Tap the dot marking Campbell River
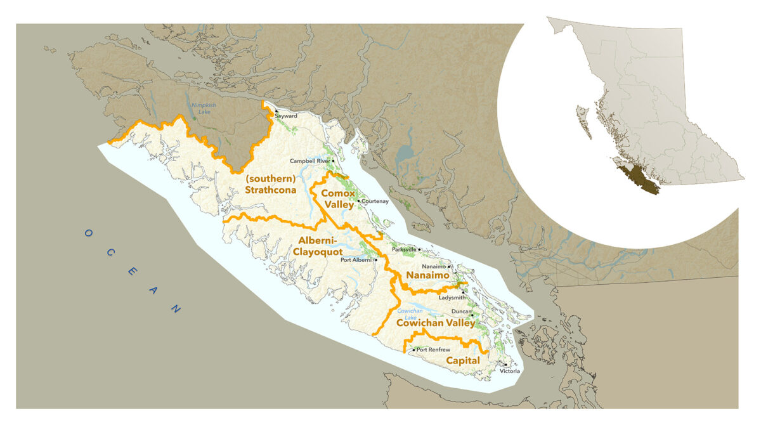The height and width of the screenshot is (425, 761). coord(334,161)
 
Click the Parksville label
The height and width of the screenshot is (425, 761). coord(403,250)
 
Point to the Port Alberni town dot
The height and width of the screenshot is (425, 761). coord(376,259)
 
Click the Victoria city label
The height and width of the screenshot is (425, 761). coord(510,371)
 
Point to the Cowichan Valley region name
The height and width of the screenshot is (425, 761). coord(435,324)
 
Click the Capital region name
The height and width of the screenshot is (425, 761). coord(463,361)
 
